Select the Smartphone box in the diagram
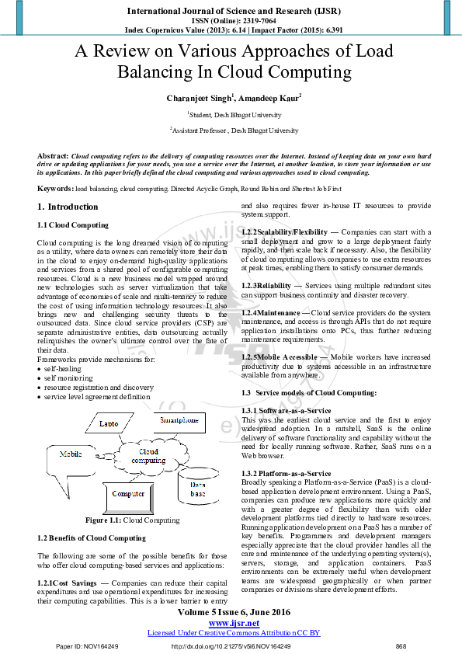[179, 420]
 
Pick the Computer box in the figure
[128, 493]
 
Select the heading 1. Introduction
[68, 207]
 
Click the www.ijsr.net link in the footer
[234, 622]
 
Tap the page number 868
[401, 646]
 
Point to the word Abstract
[53, 156]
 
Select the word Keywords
[55, 189]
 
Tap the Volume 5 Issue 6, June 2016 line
[234, 611]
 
